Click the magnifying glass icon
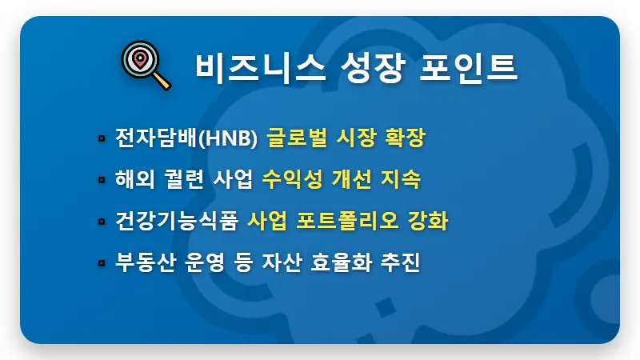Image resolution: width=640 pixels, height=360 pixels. point(146,66)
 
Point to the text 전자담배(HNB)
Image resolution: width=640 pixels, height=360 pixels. point(186,138)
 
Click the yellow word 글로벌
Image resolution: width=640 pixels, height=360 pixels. point(294,138)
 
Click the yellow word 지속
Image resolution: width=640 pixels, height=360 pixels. point(402,179)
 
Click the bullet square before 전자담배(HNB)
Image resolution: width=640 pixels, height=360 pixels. point(102,138)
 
